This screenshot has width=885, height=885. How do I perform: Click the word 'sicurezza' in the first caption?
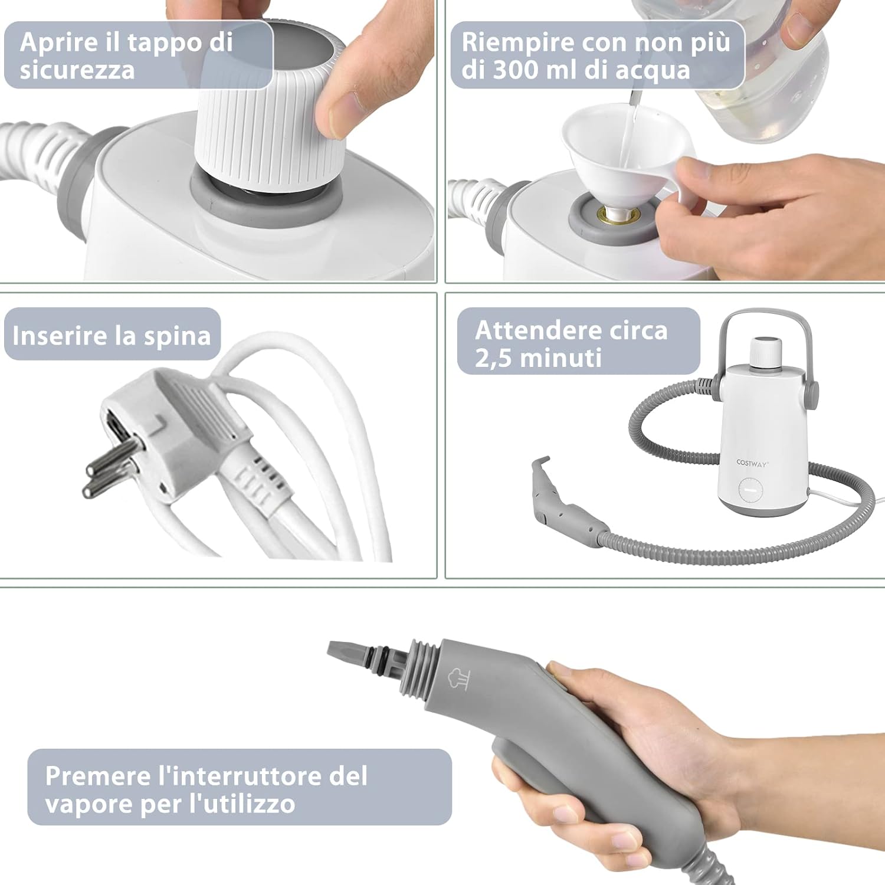point(77,70)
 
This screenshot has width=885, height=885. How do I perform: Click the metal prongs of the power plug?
point(112,466)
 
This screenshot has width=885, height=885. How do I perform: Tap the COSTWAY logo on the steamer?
point(752,463)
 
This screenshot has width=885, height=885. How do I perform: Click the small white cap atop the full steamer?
point(766,350)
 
